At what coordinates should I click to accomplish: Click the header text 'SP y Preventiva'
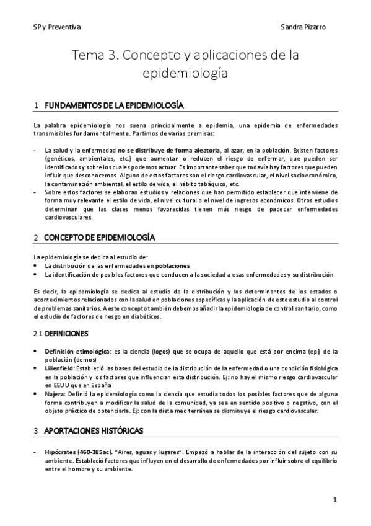coord(56,27)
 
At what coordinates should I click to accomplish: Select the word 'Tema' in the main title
coord(88,55)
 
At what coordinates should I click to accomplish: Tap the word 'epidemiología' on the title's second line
coord(185,73)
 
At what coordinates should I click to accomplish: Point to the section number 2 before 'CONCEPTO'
coord(37,238)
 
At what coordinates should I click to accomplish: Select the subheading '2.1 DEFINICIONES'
coord(61,333)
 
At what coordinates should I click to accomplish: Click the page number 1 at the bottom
coord(334,499)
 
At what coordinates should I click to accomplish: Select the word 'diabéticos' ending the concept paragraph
coord(143,316)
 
